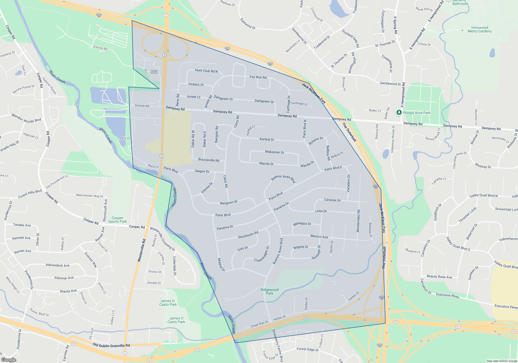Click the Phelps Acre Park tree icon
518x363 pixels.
click(x=399, y=113)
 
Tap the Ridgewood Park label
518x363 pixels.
click(x=269, y=291)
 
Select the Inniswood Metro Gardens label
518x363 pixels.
click(x=479, y=29)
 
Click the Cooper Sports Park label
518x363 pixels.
click(x=117, y=220)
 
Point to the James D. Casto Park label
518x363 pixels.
click(x=168, y=303)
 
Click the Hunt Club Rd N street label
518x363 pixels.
click(x=206, y=71)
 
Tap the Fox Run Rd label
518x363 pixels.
click(x=258, y=77)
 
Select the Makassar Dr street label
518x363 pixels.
click(x=275, y=152)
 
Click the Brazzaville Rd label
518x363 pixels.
click(x=208, y=160)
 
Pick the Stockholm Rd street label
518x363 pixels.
click(x=248, y=235)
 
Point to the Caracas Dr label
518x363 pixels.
click(x=332, y=200)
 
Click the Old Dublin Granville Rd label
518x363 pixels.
click(x=111, y=345)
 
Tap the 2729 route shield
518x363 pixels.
click(x=154, y=72)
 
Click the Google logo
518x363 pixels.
click(x=9, y=360)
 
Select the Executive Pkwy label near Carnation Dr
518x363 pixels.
click(x=447, y=295)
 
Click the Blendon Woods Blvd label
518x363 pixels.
click(x=26, y=118)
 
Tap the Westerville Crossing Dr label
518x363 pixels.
click(x=162, y=239)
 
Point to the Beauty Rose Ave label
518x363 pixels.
click(x=439, y=277)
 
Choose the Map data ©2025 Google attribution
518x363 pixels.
click(x=502, y=361)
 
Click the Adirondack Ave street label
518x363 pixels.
click(x=57, y=265)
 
